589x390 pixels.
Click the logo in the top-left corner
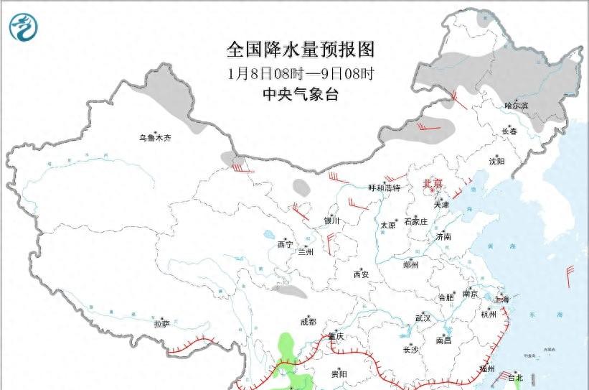click(x=24, y=27)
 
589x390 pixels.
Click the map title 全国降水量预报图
click(x=301, y=50)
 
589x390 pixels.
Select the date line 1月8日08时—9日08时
click(x=301, y=73)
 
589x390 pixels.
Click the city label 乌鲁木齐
click(x=156, y=137)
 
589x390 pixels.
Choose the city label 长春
click(x=509, y=131)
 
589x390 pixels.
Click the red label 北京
click(x=433, y=184)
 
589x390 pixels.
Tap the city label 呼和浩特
click(x=384, y=188)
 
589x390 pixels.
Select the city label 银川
click(x=331, y=221)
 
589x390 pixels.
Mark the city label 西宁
click(x=285, y=244)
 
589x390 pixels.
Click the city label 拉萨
click(x=161, y=324)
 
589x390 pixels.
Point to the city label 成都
click(x=308, y=322)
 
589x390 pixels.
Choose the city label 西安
click(x=360, y=274)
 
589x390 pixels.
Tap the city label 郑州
click(x=410, y=264)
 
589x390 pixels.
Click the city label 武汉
click(x=423, y=317)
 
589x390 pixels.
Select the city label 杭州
click(x=489, y=314)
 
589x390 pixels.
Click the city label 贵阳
click(x=339, y=374)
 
